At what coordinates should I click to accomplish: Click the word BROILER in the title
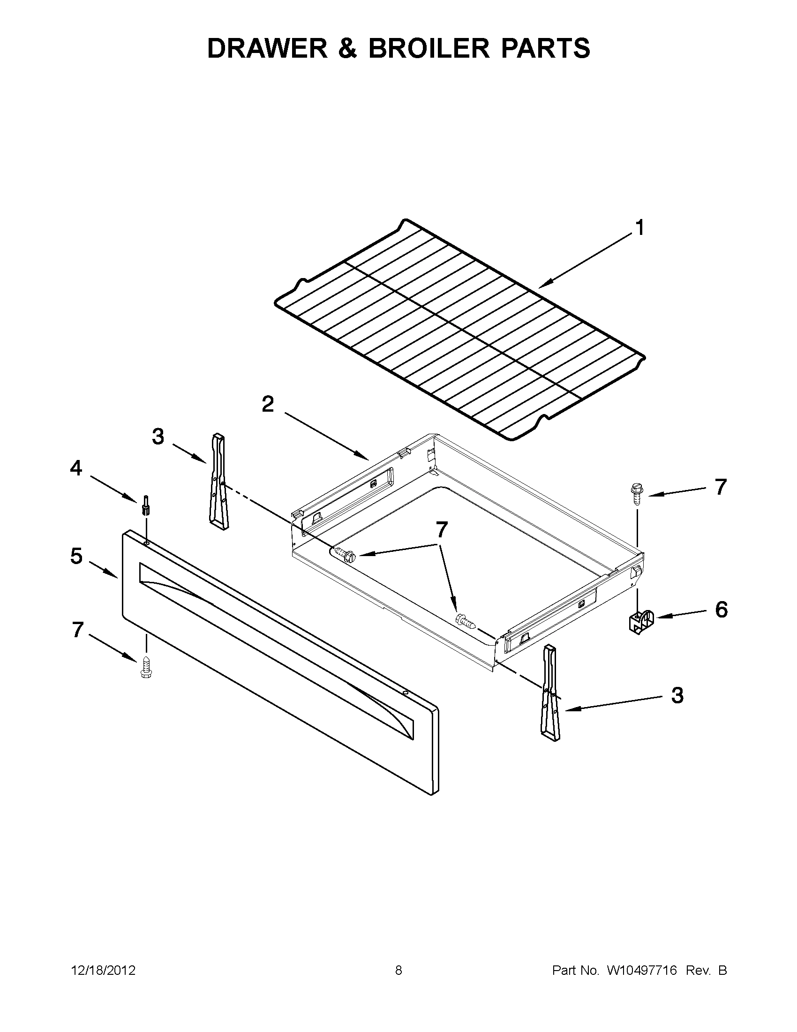point(429,48)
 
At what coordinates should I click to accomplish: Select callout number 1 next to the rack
point(639,228)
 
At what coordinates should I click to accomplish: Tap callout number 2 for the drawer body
point(268,404)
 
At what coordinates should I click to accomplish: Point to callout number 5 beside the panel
point(76,556)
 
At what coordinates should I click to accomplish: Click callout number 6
point(721,610)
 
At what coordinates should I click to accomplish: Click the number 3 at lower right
point(677,695)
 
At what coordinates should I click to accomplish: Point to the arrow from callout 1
point(586,261)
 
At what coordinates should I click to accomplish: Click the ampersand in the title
point(348,48)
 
